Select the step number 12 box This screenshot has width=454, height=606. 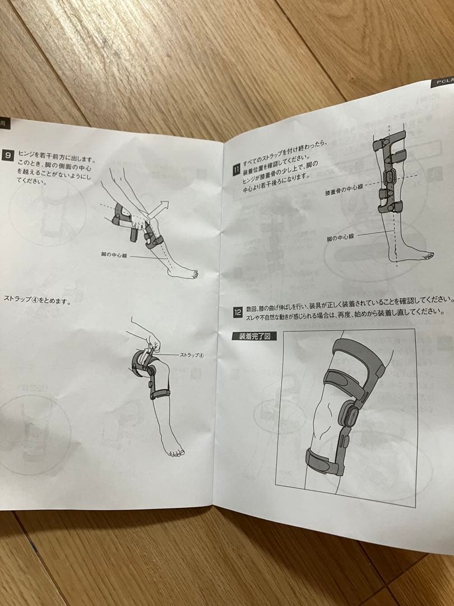coord(237,311)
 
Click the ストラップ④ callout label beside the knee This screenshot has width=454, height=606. coord(191,356)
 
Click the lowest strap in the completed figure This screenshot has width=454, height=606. coord(325,460)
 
